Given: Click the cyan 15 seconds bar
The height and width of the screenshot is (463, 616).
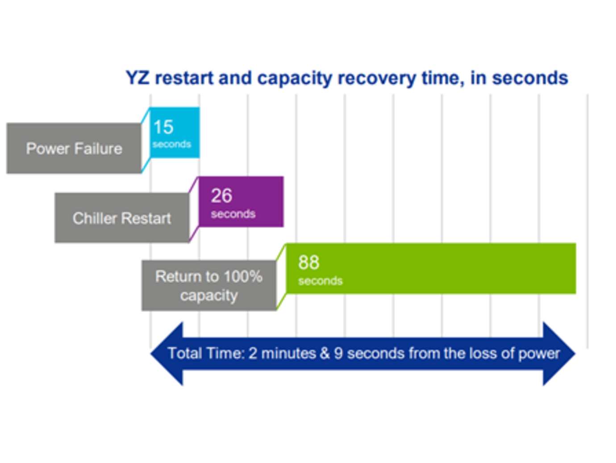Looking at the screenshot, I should pos(175,133).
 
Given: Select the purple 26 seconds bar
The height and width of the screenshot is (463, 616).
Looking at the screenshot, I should pos(241,202).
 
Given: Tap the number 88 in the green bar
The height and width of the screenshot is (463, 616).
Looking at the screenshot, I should pos(308,263).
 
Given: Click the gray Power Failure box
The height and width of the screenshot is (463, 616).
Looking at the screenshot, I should pos(74,148).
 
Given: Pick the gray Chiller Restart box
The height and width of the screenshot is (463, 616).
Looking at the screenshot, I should pos(121,218).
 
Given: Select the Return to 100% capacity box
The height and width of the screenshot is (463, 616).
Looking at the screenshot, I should pos(208,286).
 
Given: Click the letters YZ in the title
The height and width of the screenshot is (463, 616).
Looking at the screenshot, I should pos(138,78).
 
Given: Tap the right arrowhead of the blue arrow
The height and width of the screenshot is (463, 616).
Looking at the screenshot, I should pos(558,353).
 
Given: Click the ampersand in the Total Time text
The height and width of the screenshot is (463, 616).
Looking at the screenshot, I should pos(325,353).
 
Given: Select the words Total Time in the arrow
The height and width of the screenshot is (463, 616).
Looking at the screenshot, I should pos(206,353).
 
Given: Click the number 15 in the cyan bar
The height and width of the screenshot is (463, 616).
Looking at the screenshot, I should pos(163,127).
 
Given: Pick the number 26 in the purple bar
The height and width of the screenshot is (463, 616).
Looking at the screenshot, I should pos(221,196).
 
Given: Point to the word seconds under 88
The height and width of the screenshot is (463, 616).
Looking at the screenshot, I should pos(320,281).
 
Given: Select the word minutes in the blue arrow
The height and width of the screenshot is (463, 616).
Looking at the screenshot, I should pos(288,353).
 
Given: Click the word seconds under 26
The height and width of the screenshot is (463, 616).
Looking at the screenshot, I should pos(233,214).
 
